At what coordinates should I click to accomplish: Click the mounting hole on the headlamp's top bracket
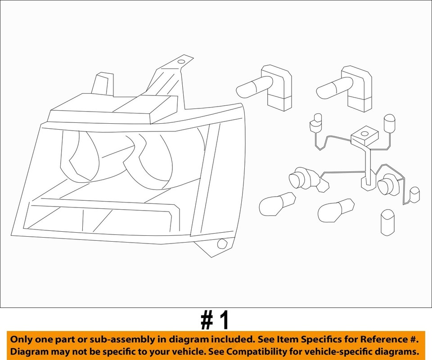click(x=181, y=61)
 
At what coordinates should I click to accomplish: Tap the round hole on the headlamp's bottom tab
click(x=221, y=244)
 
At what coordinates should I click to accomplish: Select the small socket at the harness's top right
click(x=388, y=123)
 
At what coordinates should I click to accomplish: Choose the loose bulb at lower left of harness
click(x=276, y=205)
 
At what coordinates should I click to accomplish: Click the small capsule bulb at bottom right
click(x=387, y=222)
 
